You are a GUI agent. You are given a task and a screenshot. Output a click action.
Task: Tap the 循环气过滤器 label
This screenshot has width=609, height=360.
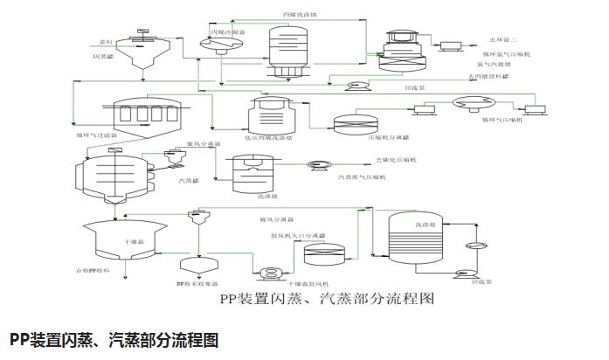pos(95,136)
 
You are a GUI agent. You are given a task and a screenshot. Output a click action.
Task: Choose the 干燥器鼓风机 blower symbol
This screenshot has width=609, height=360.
pos(271,273)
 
